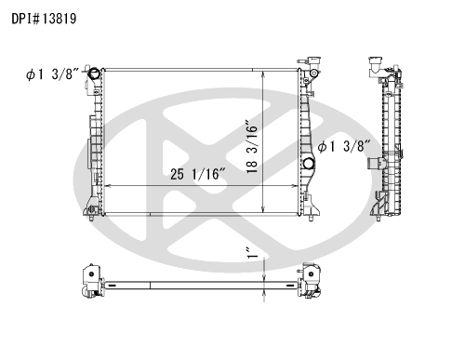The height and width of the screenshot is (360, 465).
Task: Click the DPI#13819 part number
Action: [x=44, y=19]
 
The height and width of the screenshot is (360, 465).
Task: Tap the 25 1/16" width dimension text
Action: [x=198, y=174]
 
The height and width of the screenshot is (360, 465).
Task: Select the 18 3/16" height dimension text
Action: [x=252, y=146]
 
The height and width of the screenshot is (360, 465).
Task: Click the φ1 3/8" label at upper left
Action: [x=53, y=74]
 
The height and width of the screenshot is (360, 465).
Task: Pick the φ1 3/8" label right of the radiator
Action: [x=344, y=146]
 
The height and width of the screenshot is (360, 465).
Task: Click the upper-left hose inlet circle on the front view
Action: [x=94, y=73]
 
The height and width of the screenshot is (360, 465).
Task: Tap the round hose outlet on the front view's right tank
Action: [x=309, y=164]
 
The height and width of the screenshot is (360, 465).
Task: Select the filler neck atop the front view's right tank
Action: [x=313, y=61]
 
